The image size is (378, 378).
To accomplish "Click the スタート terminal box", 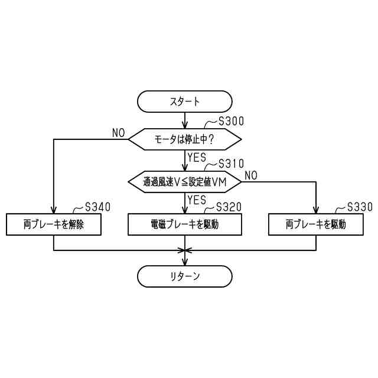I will (x=185, y=101).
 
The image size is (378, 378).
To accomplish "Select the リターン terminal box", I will (x=185, y=276).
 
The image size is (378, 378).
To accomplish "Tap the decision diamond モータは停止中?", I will (x=185, y=139).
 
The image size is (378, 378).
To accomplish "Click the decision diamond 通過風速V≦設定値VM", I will (x=185, y=181).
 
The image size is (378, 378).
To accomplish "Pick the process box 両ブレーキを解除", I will (x=54, y=224).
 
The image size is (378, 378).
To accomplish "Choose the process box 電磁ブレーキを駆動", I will (x=185, y=224).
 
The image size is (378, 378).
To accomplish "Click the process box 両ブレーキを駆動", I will (x=316, y=224).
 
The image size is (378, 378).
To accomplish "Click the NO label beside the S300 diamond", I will (x=119, y=133).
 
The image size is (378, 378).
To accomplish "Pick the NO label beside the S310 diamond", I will (x=251, y=175).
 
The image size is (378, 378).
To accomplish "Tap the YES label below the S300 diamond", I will (x=197, y=157).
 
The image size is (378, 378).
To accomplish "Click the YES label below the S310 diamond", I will (x=197, y=200).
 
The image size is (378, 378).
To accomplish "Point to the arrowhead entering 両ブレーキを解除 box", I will (x=54, y=210).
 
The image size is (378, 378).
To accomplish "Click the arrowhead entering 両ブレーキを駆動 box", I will (x=316, y=210).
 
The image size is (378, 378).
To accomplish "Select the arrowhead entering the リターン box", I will (x=185, y=262).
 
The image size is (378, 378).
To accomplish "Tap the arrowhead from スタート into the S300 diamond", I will (x=185, y=125).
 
